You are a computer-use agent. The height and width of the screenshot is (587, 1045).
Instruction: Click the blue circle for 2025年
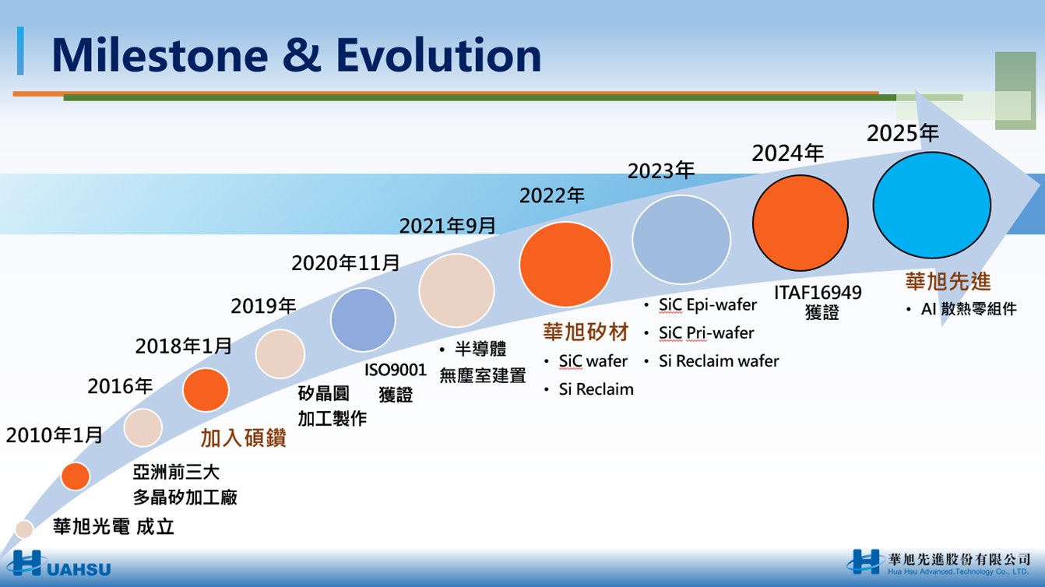pos(931,206)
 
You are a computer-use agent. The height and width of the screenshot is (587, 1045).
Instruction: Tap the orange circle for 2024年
pos(800,223)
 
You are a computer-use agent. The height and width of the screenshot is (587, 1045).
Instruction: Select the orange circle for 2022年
pos(565,265)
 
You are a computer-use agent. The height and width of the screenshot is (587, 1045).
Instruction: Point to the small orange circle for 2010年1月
pos(75,476)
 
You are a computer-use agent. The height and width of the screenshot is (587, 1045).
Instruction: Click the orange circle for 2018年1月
pos(206,390)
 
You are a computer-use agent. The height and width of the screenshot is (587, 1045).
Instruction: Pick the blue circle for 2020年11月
pos(363,320)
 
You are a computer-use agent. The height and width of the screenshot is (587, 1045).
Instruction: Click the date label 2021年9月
pos(448,226)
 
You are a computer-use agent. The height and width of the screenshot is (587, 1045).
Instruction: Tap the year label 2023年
pos(661,170)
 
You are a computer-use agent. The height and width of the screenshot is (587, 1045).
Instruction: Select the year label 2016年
pos(120,386)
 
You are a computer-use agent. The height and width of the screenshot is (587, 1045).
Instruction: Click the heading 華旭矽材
pos(586,332)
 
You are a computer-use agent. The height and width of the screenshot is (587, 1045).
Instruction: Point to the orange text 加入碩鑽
pos(243,438)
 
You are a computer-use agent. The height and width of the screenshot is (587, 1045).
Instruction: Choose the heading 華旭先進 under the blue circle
pos(948,281)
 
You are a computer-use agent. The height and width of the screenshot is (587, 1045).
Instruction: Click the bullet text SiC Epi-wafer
pos(707,305)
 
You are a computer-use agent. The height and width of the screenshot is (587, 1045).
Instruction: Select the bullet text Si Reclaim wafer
pos(719,361)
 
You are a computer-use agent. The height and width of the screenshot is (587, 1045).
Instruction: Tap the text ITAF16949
pos(818,293)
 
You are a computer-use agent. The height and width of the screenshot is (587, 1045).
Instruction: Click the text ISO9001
pos(395,371)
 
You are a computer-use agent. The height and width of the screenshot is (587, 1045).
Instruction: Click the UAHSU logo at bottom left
pos(59,564)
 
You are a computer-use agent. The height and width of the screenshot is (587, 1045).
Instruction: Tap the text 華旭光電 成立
pos(114,527)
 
